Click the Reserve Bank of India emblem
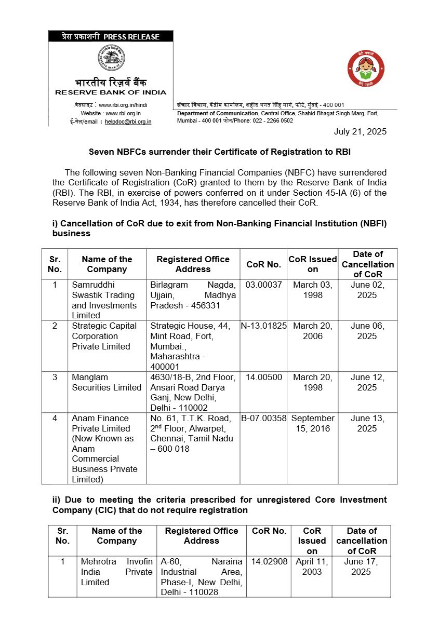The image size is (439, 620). point(111,59)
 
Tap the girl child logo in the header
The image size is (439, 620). point(366,69)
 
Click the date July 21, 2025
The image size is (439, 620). point(360,131)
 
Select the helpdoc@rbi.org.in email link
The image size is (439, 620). point(128,122)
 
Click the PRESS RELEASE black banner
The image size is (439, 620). point(111,36)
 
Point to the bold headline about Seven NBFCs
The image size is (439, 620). point(219,152)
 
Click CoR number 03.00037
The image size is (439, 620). point(263,285)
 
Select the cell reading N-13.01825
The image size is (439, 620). point(263,326)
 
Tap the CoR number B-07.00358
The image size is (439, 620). point(263,418)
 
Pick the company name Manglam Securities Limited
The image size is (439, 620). point(107,382)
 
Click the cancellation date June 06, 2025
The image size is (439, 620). point(367,331)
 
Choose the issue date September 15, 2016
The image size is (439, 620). point(313,423)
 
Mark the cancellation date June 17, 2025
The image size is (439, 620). point(361,567)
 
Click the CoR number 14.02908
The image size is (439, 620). point(269,562)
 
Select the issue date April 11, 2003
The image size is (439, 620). point(312,567)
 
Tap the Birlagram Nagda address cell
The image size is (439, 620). point(193,295)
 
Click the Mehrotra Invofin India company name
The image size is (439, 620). point(116,572)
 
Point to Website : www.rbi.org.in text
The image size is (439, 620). point(111,113)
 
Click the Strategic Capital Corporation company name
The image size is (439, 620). point(104,336)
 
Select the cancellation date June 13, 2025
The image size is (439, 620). point(367,423)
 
